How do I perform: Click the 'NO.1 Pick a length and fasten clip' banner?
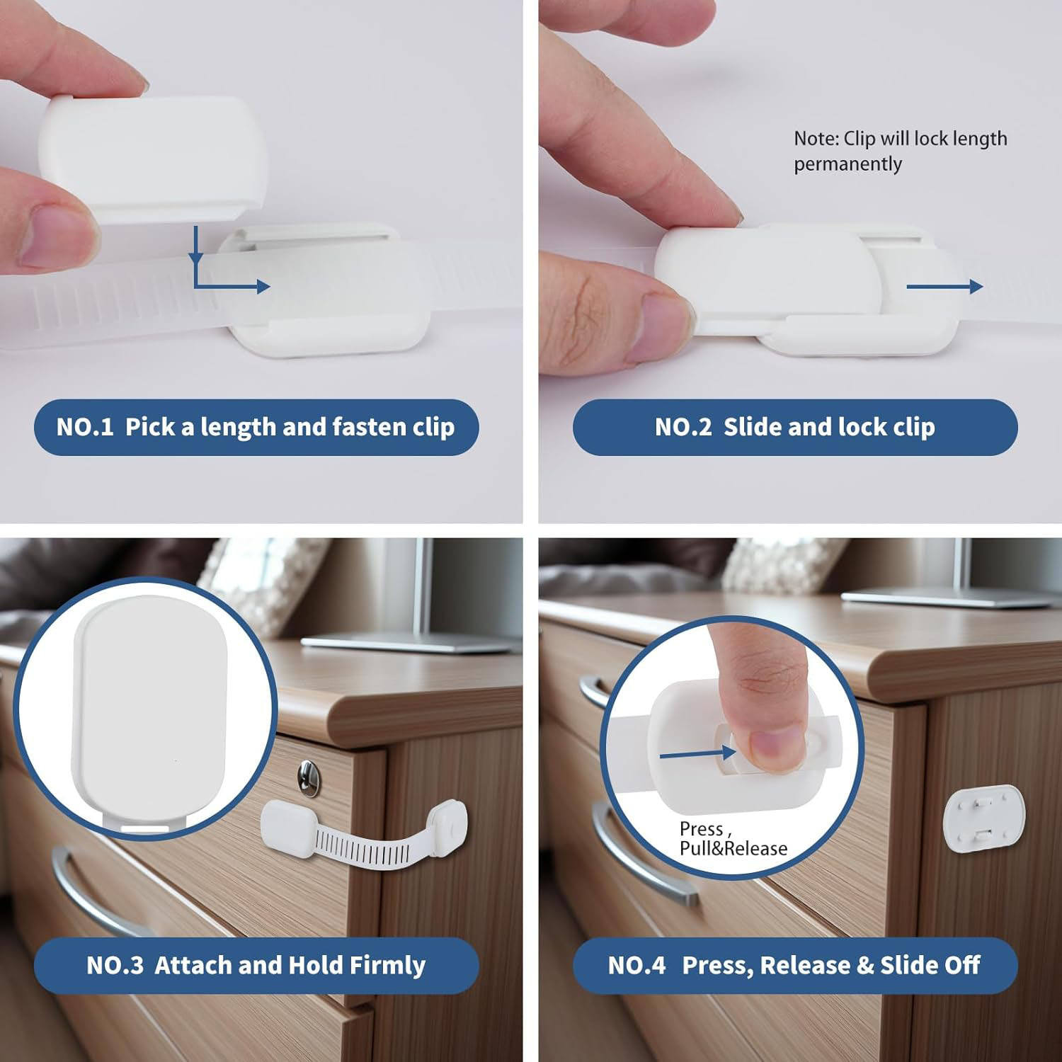click(x=256, y=427)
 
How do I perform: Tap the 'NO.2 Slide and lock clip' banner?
click(x=795, y=427)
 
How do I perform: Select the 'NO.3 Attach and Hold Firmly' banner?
click(x=256, y=965)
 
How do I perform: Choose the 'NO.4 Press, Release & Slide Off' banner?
click(x=795, y=965)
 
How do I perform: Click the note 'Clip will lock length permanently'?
click(x=900, y=151)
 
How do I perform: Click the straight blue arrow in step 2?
click(x=944, y=286)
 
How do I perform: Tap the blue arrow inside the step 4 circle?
click(x=697, y=754)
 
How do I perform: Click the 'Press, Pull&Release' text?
click(x=733, y=838)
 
